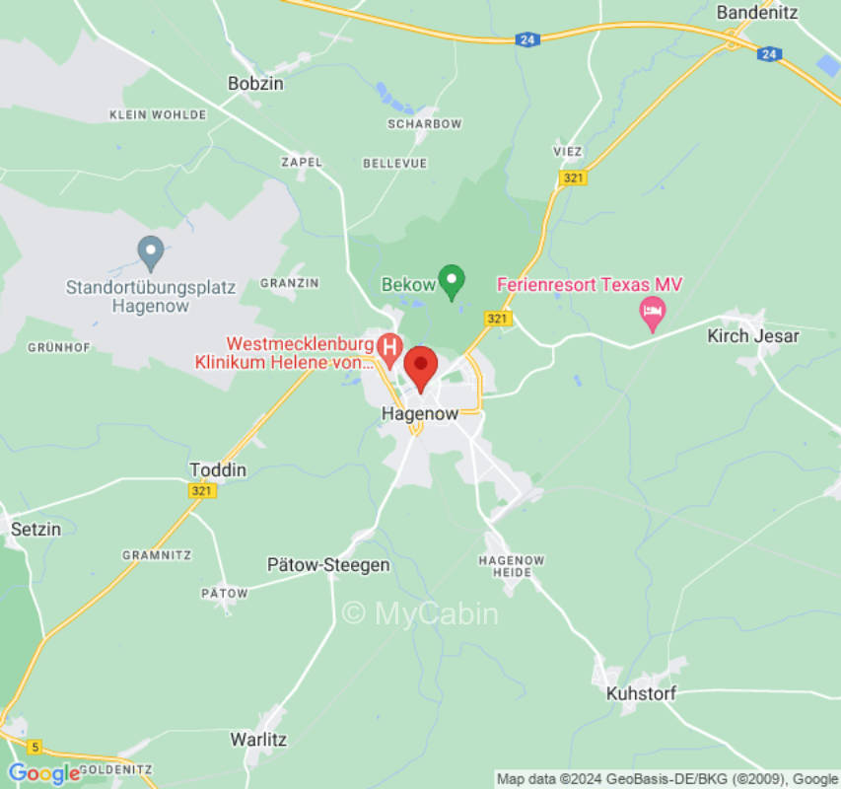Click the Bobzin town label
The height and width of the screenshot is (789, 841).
pos(255,84)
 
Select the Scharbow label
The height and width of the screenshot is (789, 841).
pos(425,124)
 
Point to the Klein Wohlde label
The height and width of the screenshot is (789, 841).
pos(158,114)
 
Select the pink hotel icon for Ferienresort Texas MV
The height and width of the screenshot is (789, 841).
pos(653,314)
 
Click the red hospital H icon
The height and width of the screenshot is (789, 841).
pos(389,346)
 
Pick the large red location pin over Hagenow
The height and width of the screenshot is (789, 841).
pos(422,368)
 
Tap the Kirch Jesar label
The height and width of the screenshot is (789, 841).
pos(753,335)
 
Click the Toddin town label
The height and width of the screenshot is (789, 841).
pos(218,469)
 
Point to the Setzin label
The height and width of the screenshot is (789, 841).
pos(35,529)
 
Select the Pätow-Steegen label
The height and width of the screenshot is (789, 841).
pos(328,565)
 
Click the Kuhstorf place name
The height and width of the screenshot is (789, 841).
pos(641,693)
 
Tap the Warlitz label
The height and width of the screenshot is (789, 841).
pos(258,738)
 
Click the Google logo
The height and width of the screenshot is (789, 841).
pos(43,773)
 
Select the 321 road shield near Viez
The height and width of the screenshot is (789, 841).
pos(572,178)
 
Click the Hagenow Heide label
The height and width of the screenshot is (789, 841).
pos(511,566)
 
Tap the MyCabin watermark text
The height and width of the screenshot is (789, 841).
pos(420,613)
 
